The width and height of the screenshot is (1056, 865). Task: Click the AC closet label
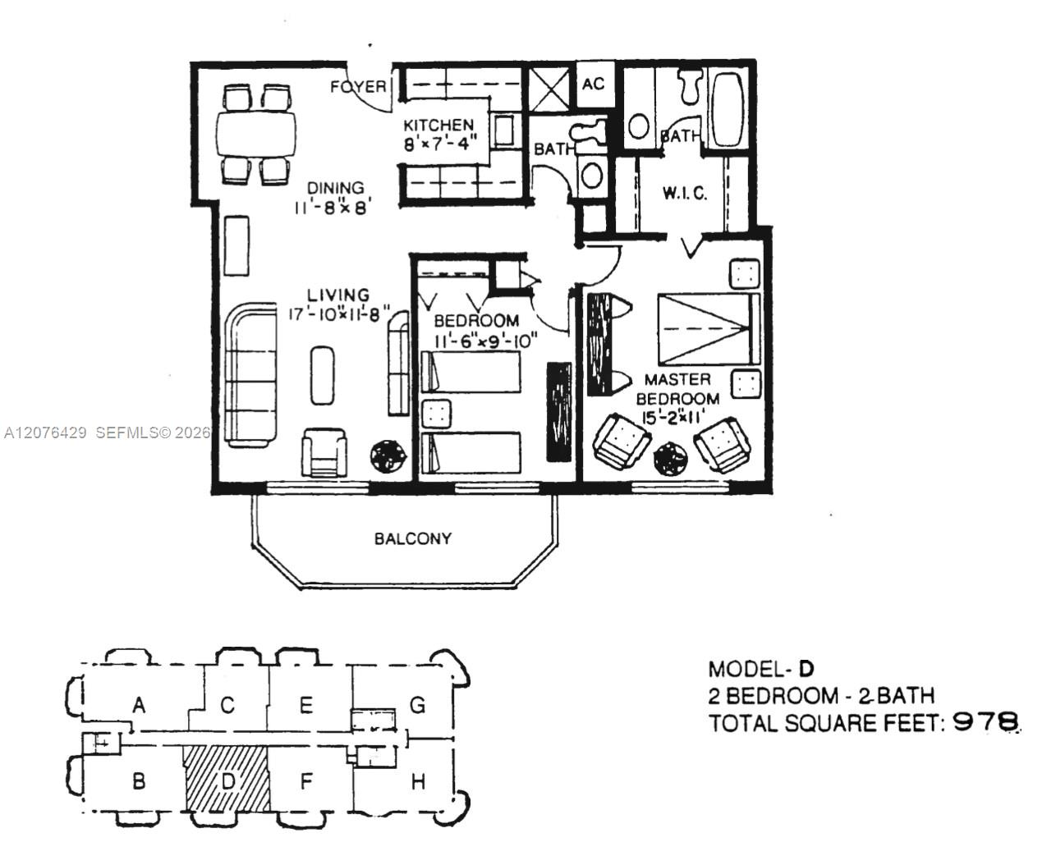click(x=593, y=84)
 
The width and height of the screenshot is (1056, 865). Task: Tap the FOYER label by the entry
click(x=358, y=87)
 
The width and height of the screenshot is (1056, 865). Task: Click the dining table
click(x=256, y=134)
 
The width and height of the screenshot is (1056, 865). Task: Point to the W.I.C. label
click(x=685, y=193)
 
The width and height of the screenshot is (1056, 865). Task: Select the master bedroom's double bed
click(x=708, y=329)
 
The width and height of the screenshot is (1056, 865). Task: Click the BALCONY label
click(x=413, y=538)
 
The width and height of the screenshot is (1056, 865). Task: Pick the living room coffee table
click(x=323, y=375)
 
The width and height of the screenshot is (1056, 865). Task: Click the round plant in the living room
click(x=388, y=455)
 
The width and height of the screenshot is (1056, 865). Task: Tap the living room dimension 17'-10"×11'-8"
click(x=339, y=314)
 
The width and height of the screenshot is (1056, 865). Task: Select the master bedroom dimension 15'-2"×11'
click(x=673, y=417)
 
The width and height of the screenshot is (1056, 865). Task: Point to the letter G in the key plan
click(x=418, y=705)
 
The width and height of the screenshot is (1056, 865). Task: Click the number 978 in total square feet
click(x=986, y=722)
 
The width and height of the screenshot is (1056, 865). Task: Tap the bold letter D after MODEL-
click(x=806, y=668)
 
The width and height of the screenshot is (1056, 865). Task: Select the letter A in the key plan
click(x=140, y=705)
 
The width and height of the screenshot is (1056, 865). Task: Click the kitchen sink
click(x=503, y=130)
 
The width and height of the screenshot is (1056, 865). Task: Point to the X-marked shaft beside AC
click(x=549, y=89)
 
